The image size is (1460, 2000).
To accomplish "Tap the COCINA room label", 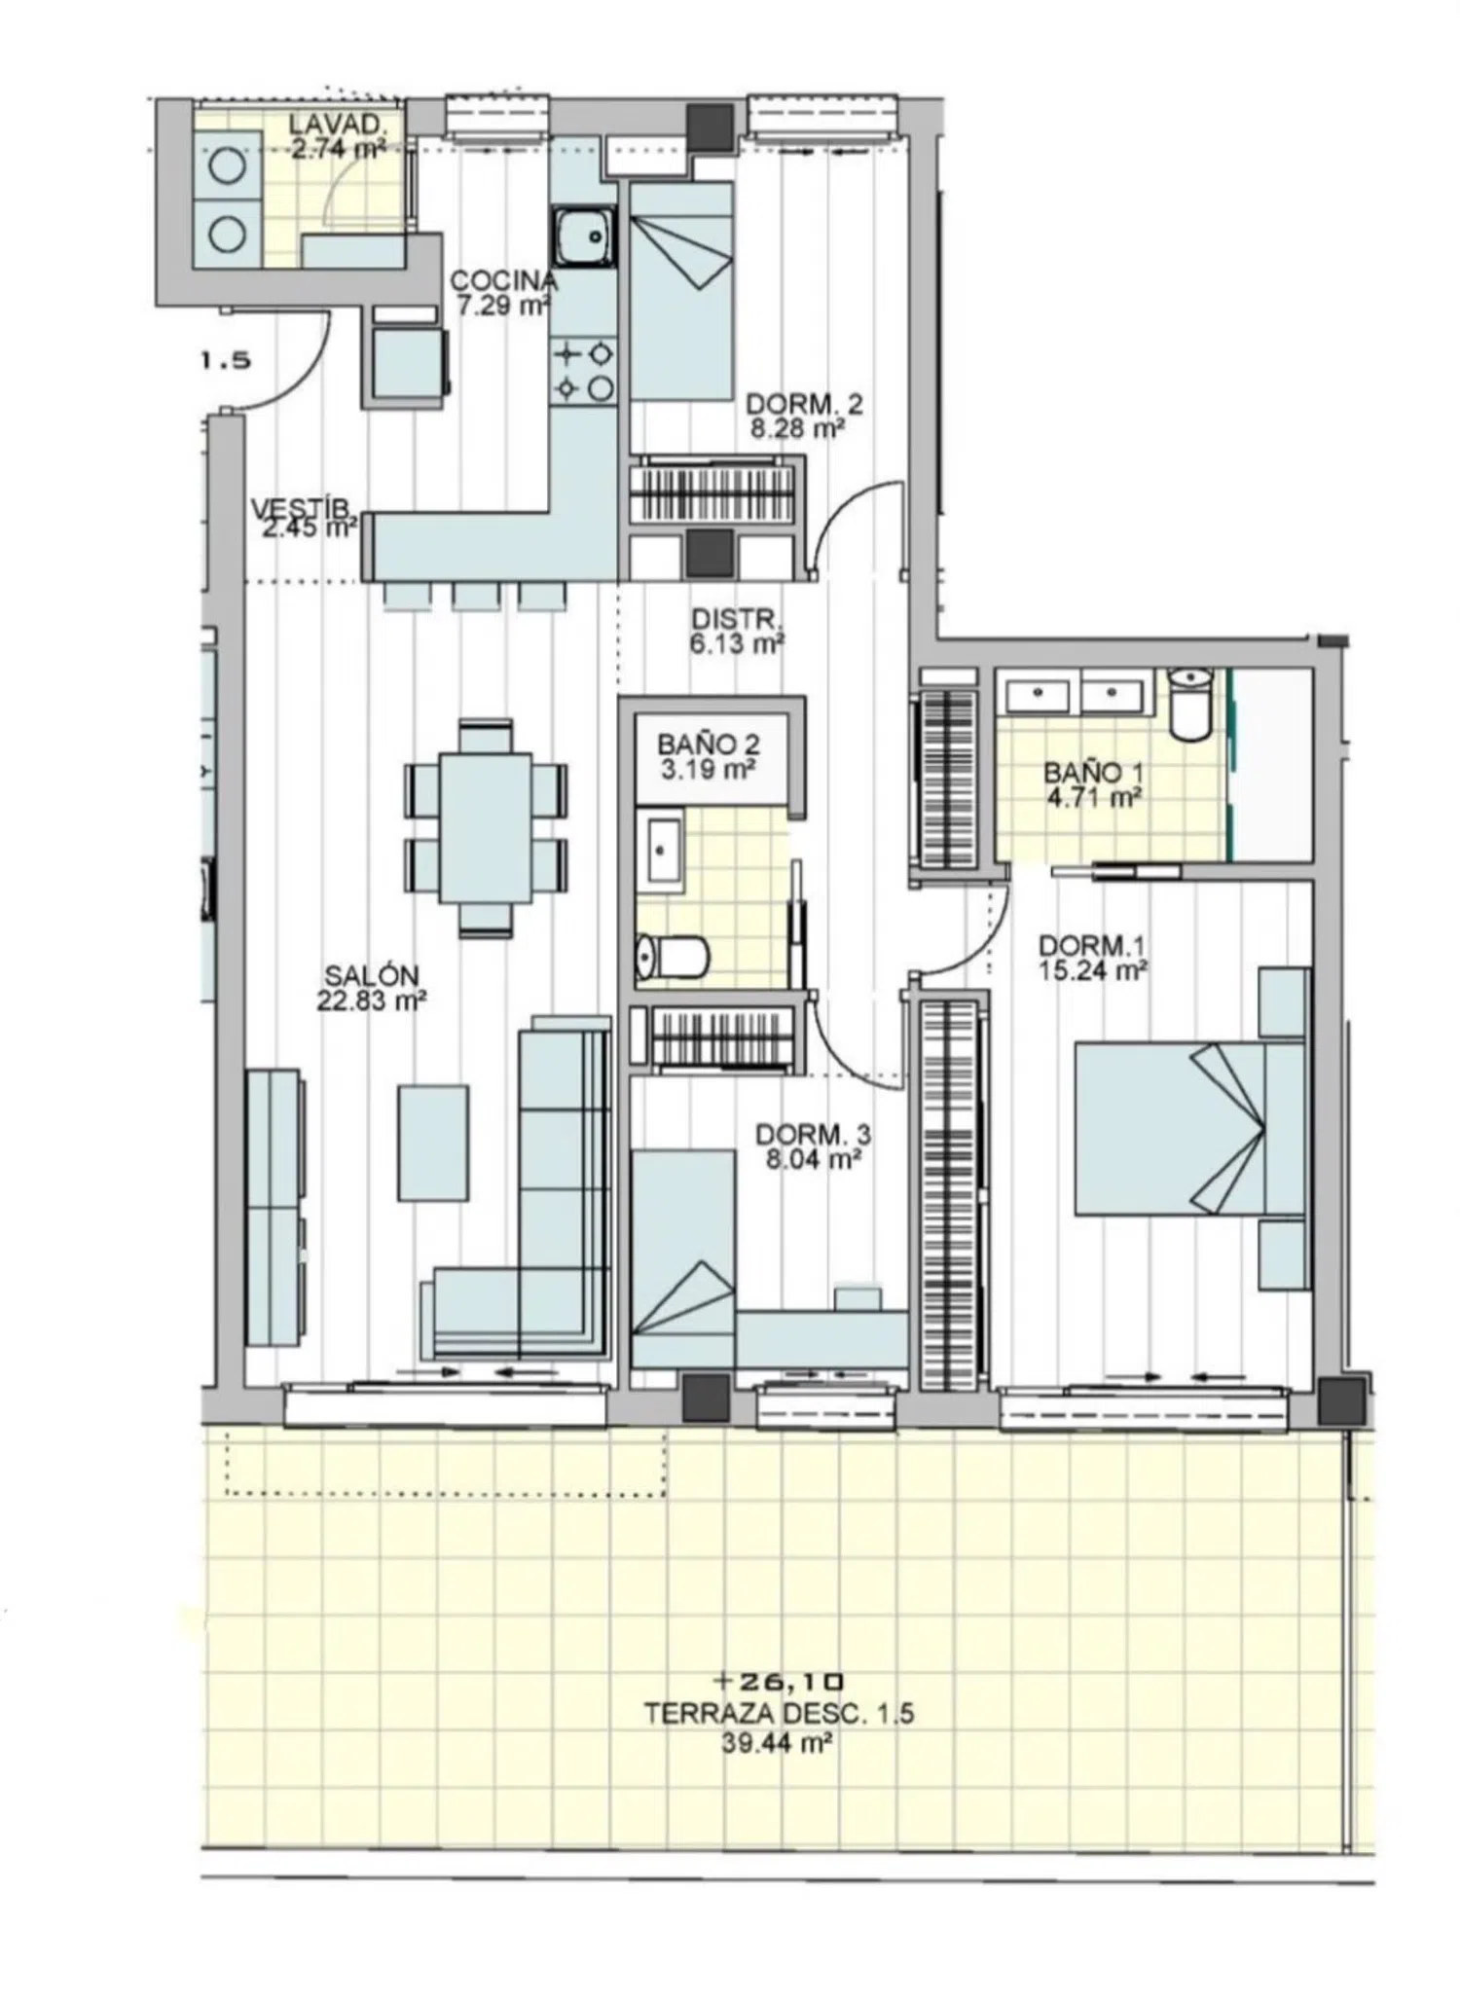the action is pyautogui.click(x=503, y=281).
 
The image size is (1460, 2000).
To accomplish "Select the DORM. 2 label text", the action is pyautogui.click(x=804, y=403).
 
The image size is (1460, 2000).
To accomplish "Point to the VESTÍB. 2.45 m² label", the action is pyautogui.click(x=304, y=519).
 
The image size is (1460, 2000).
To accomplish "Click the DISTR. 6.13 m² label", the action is pyautogui.click(x=737, y=631).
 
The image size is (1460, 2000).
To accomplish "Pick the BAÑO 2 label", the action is pyautogui.click(x=709, y=744).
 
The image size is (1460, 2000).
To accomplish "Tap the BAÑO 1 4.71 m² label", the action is pyautogui.click(x=1092, y=785).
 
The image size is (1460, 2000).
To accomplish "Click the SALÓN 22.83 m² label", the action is pyautogui.click(x=372, y=987).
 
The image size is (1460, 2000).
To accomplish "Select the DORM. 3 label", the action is pyautogui.click(x=813, y=1135).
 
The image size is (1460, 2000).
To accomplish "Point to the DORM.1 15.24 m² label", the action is pyautogui.click(x=1092, y=958).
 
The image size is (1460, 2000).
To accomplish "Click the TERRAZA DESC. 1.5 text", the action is pyautogui.click(x=779, y=1714).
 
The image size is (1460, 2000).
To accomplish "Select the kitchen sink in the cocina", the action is pyautogui.click(x=586, y=237).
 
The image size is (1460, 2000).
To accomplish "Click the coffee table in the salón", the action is pyautogui.click(x=433, y=1144).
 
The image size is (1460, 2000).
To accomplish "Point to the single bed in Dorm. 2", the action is pyautogui.click(x=680, y=291).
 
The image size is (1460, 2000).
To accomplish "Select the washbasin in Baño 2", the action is pyautogui.click(x=661, y=852).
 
